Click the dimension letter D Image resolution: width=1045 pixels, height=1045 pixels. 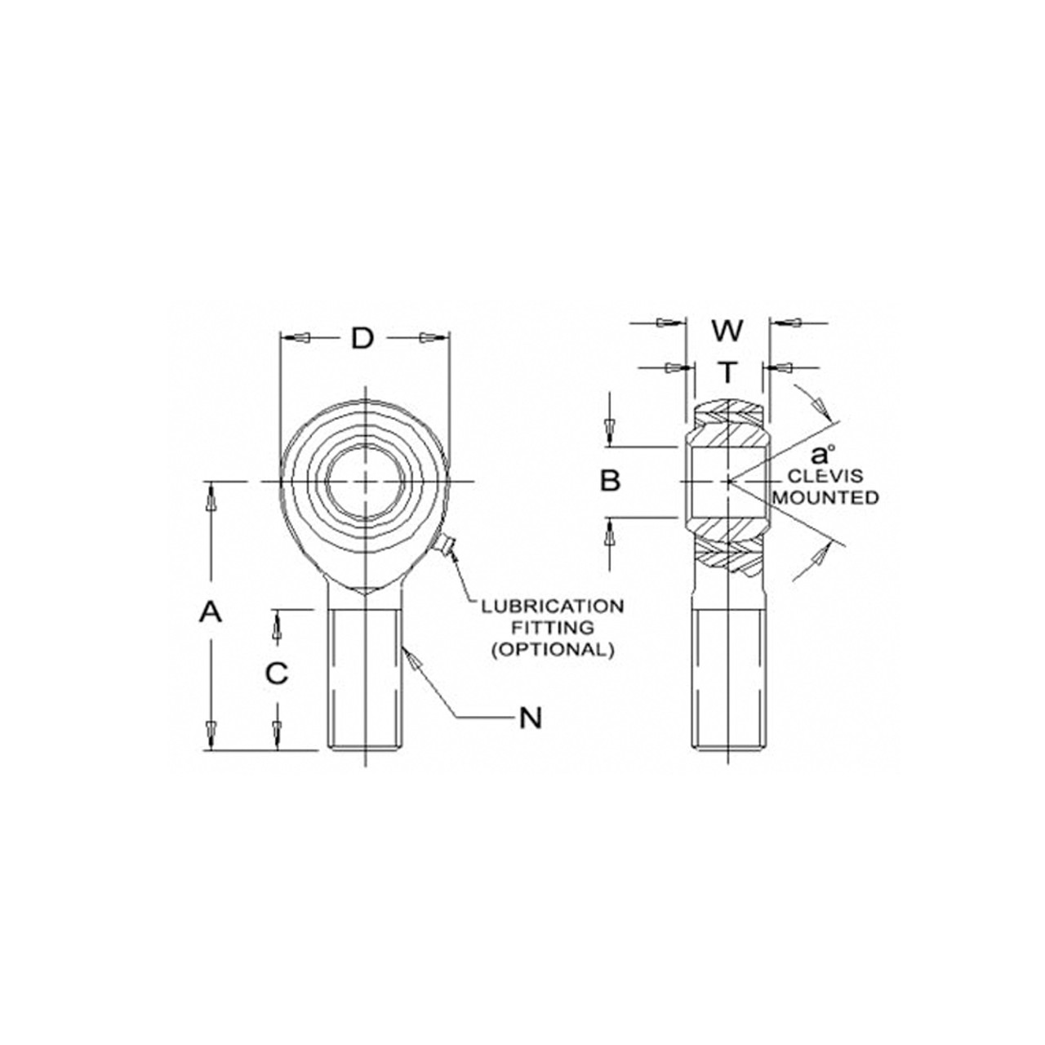362,337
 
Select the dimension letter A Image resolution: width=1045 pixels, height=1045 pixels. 211,611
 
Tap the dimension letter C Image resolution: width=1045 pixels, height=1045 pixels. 278,674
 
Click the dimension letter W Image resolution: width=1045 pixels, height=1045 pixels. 727,331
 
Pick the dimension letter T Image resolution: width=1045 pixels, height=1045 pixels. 727,372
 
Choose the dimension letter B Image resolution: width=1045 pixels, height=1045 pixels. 611,481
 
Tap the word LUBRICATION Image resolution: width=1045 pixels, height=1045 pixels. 552,607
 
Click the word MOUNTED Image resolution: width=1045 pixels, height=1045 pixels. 825,497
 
